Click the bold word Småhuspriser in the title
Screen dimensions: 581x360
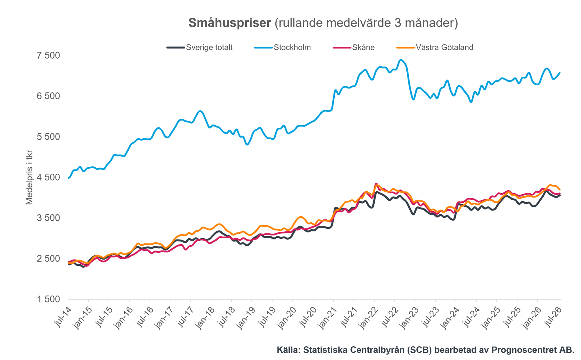(x=229, y=23)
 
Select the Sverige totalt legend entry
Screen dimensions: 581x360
(x=200, y=47)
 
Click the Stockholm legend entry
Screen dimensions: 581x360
(x=283, y=47)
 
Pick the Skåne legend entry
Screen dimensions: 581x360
(x=354, y=47)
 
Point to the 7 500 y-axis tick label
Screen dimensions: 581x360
(x=48, y=55)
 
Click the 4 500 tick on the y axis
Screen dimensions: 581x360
(x=48, y=177)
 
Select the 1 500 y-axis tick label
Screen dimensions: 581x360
(x=48, y=299)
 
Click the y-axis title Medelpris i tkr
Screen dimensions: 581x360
(x=29, y=177)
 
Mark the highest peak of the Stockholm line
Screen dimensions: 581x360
(x=401, y=60)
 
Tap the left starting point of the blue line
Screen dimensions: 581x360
(x=68, y=178)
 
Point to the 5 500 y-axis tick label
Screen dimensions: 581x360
(x=48, y=137)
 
